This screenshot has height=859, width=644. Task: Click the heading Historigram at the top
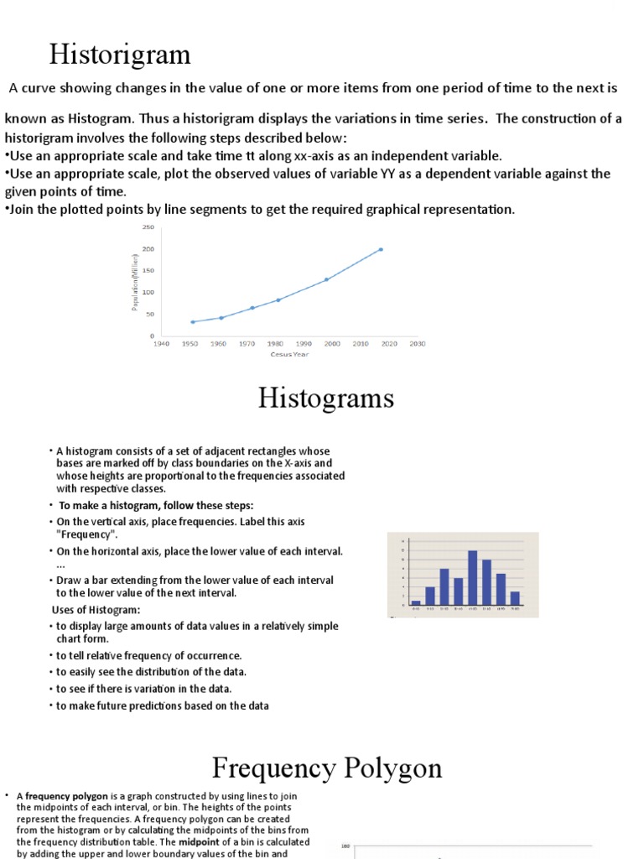[120, 55]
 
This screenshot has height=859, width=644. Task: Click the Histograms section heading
[325, 397]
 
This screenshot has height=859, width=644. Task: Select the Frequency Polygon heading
[326, 767]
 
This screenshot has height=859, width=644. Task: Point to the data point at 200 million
[381, 249]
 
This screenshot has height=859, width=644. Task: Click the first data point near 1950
[192, 321]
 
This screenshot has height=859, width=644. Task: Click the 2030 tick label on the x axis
[417, 344]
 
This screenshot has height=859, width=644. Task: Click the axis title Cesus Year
[289, 354]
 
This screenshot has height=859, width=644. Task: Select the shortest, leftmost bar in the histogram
[416, 601]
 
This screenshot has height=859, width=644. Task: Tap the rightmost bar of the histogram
[515, 597]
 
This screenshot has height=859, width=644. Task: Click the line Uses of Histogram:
[96, 609]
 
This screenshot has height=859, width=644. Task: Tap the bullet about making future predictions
[162, 705]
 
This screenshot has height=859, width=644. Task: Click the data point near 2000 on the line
[326, 279]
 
